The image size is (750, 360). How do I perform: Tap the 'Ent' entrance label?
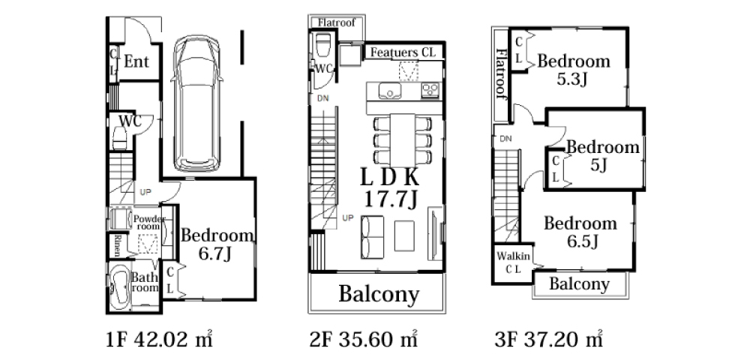136,61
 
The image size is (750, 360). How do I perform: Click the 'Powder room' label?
148,222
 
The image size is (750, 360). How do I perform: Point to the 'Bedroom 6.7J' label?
217,244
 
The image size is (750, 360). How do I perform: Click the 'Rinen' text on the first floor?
117,245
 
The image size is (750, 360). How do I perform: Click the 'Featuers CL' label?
403,52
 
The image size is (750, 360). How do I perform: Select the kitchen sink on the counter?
390,90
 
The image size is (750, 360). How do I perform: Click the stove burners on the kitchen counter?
430,90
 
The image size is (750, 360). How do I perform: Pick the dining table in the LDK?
402,140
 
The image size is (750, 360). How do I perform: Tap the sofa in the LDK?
372,237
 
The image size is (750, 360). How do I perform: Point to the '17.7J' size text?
390,199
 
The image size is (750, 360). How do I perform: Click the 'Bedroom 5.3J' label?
574,69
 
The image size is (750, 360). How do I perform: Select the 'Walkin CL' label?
513,262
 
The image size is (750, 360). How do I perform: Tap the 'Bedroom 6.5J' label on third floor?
580,232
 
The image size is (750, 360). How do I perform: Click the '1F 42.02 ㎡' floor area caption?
159,340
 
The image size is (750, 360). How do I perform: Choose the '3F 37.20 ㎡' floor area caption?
548,340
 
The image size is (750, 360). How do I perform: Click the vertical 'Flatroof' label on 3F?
501,73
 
